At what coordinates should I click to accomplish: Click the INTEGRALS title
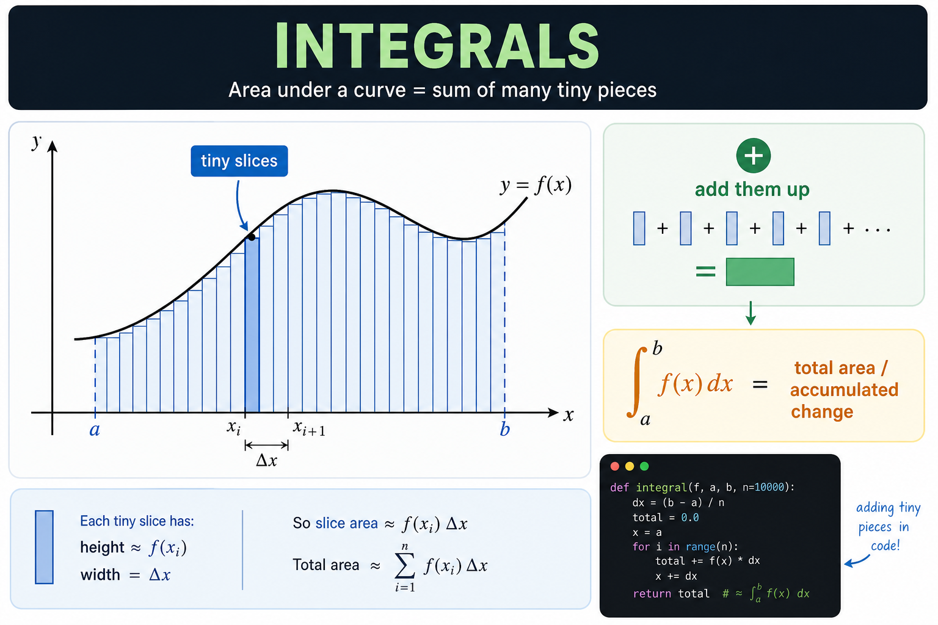point(437,45)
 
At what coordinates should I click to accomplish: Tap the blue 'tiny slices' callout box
point(239,161)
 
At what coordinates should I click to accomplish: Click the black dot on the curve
point(251,237)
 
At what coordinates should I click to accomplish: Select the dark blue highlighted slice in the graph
point(252,325)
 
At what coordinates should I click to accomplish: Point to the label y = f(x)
point(536,185)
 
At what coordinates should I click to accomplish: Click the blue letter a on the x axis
point(95,430)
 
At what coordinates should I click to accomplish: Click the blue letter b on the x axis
point(504,429)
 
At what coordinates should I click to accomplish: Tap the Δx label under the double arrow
point(266,460)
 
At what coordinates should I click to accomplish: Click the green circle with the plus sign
point(754,156)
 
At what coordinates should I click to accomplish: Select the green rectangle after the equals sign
point(760,272)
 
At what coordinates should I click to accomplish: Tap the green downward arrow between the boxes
point(751,313)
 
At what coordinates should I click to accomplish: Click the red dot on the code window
point(615,466)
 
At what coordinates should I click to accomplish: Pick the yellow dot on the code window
point(630,466)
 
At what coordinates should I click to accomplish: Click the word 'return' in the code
point(652,594)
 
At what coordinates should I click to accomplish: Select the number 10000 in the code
point(769,487)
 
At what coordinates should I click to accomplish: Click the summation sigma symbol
point(405,566)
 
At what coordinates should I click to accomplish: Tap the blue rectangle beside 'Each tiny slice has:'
point(44,547)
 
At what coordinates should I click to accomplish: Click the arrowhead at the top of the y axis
point(53,146)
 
